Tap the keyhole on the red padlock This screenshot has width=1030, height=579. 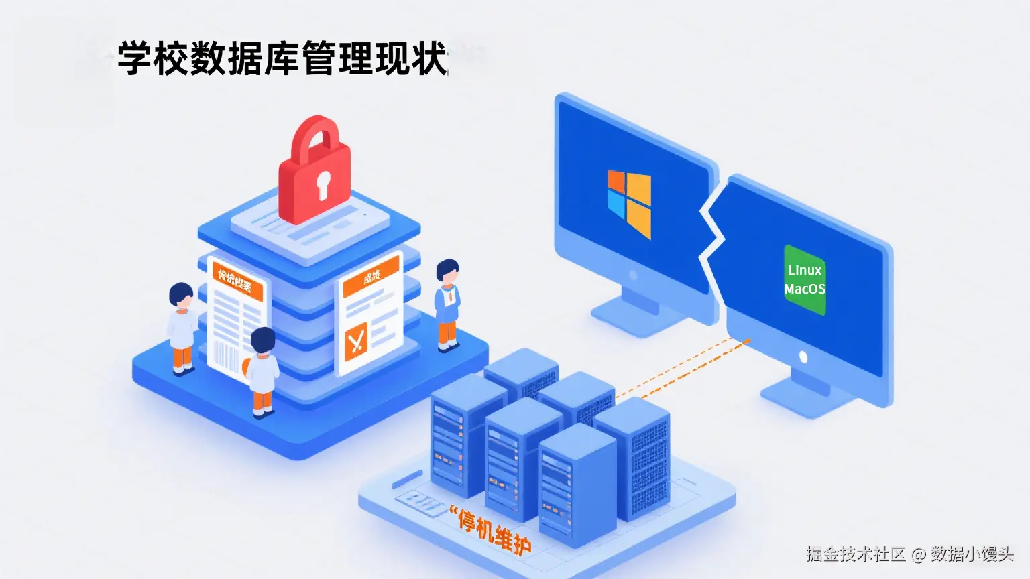323,184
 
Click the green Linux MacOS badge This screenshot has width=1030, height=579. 805,279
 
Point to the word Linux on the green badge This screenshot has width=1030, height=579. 805,270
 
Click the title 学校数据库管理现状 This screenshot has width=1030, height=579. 282,58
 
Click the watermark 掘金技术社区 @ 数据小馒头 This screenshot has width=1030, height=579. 909,554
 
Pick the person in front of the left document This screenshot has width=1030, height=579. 263,371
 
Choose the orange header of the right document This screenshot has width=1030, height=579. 371,275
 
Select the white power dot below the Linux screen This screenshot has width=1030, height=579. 803,357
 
